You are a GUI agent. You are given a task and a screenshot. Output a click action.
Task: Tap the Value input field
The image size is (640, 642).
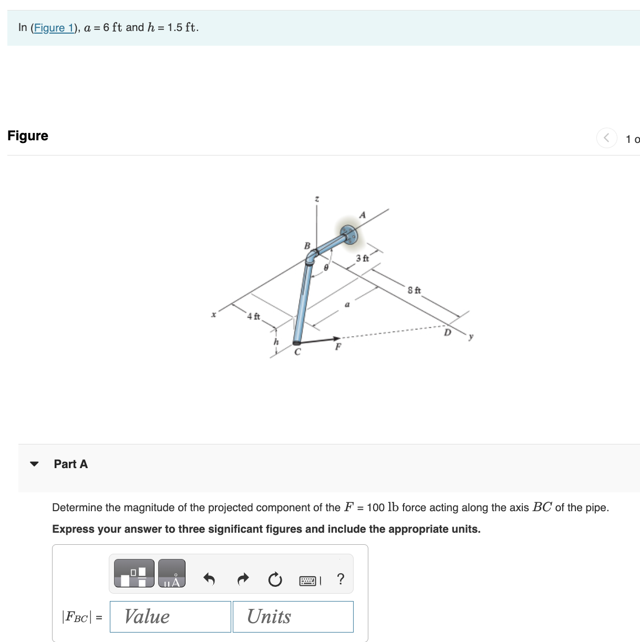coord(170,616)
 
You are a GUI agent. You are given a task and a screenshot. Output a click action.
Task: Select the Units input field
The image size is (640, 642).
coord(293,616)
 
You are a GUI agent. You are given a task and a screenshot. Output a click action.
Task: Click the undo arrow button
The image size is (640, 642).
coord(209,579)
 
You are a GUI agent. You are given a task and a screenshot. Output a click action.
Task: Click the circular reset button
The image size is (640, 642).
coord(275,579)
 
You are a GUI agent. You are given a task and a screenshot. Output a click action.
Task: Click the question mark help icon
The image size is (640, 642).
coord(340,579)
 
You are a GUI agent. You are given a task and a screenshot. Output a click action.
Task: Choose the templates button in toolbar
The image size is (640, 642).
coord(134,574)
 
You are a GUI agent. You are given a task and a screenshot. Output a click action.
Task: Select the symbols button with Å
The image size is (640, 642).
coord(172,574)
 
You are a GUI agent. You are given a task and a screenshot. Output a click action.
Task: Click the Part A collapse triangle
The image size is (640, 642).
coord(35,464)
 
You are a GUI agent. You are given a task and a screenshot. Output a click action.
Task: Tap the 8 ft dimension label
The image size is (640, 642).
coord(414,291)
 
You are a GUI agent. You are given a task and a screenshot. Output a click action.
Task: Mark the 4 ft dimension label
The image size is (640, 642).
coord(253,316)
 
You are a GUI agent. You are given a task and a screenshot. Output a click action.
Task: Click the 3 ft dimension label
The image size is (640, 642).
coord(363,258)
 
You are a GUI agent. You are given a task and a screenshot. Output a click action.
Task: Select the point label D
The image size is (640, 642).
coord(448,333)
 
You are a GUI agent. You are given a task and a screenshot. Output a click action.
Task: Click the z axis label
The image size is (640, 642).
coord(316,199)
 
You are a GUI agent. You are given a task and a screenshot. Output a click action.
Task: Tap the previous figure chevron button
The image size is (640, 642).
coord(606,138)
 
